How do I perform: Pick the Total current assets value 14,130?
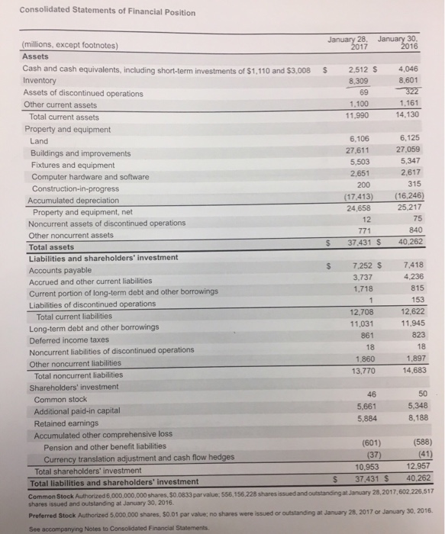point(401,116)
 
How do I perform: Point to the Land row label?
point(39,142)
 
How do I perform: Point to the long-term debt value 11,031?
point(355,323)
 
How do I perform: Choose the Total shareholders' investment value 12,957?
point(403,466)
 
